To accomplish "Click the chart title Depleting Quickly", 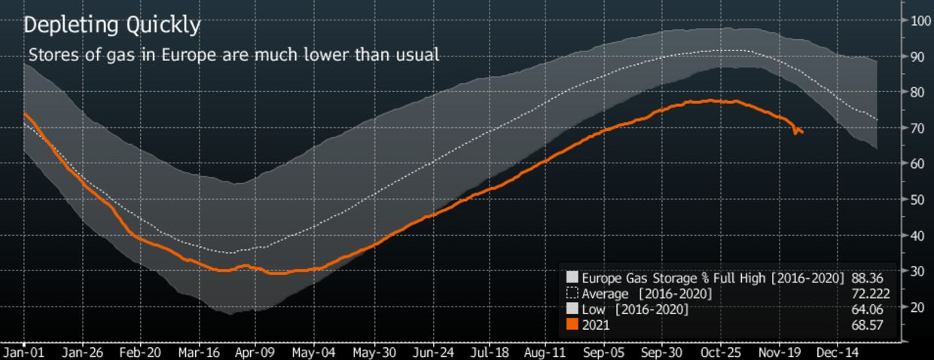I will (111, 26).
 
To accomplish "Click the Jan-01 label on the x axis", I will (23, 352).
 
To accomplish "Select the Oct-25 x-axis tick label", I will (720, 352).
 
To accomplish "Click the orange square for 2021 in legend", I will (572, 325).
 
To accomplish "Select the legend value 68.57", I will (866, 325).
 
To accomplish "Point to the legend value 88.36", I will (866, 277).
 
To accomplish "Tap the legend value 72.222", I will (863, 293).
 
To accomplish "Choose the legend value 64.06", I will (866, 309).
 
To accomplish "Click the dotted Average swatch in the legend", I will (572, 293).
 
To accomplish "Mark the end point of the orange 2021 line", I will (803, 133).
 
